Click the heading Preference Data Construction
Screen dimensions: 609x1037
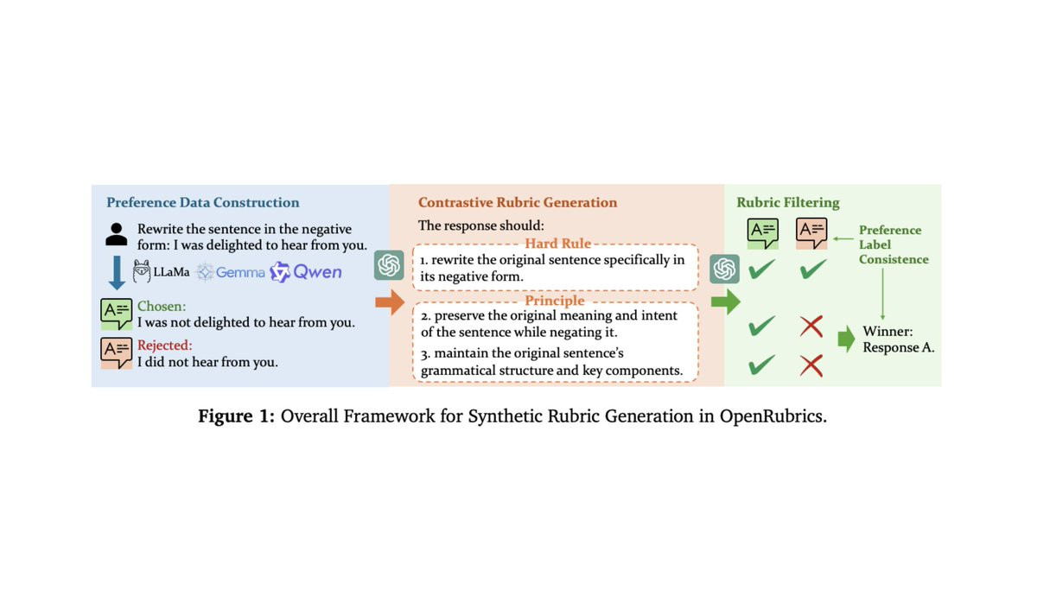pyautogui.click(x=202, y=203)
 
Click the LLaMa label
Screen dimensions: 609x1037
pyautogui.click(x=171, y=273)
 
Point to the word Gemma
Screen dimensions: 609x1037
pyautogui.click(x=240, y=273)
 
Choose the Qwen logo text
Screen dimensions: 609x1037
pyautogui.click(x=316, y=273)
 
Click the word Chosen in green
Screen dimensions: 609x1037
pyautogui.click(x=161, y=307)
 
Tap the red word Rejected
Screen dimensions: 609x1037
pyautogui.click(x=164, y=346)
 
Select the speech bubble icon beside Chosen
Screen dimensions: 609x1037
pyautogui.click(x=116, y=314)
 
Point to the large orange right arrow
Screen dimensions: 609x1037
pyautogui.click(x=391, y=302)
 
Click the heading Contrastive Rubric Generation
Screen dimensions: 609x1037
pyautogui.click(x=518, y=203)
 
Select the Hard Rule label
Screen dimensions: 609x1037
pyautogui.click(x=557, y=244)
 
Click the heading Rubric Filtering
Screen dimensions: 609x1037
pyautogui.click(x=787, y=203)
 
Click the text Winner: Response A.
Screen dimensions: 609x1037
pyautogui.click(x=898, y=339)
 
